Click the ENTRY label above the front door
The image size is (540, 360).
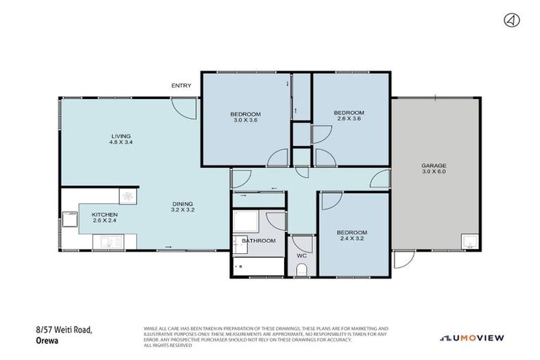click(181, 86)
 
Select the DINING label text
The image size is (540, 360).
click(182, 204)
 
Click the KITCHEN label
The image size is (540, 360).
click(105, 214)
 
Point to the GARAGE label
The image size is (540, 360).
click(435, 165)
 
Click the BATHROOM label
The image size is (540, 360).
click(258, 240)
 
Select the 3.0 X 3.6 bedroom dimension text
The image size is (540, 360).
click(245, 120)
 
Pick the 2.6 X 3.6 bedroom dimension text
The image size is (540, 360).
click(348, 119)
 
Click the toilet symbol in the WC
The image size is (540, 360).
click(302, 269)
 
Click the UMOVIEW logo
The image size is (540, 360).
click(472, 338)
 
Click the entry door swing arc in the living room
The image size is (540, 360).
click(184, 108)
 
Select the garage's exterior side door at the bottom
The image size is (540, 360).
click(404, 260)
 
